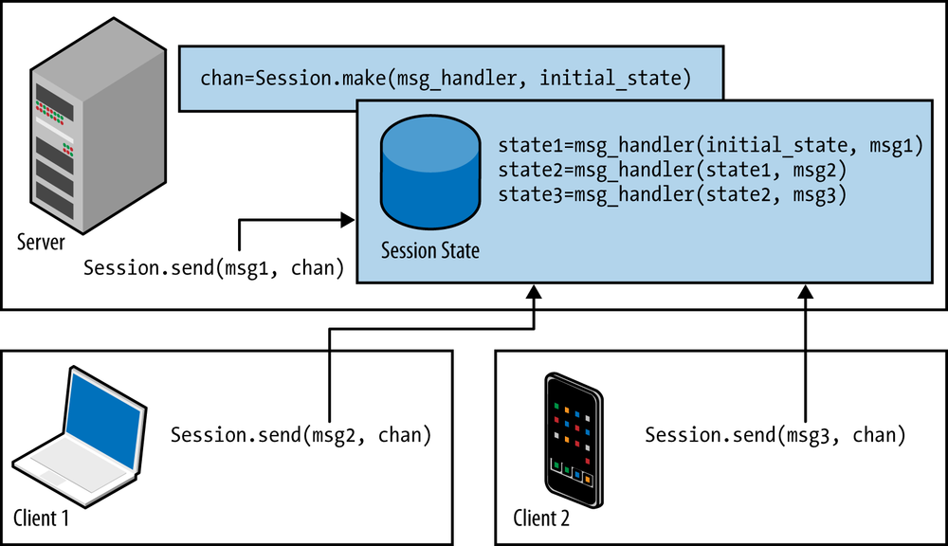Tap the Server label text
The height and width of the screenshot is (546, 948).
pos(41,243)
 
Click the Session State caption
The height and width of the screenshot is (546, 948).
pos(429,251)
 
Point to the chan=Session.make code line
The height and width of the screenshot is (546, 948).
pos(441,78)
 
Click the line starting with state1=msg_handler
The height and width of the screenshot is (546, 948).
pos(710,147)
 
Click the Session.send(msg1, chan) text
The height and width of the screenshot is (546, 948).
pos(214,268)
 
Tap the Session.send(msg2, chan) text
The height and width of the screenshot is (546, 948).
pos(301,436)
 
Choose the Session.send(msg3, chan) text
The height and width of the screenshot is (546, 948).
pos(775,436)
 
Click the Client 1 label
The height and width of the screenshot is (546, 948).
pos(42,519)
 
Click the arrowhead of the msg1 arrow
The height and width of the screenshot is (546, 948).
pos(347,220)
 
